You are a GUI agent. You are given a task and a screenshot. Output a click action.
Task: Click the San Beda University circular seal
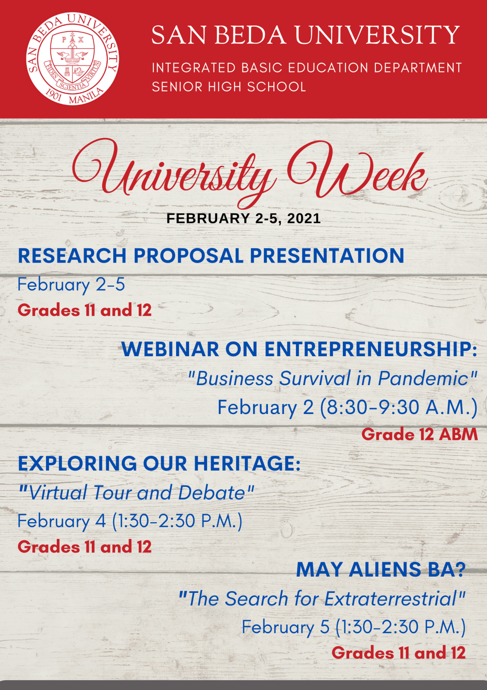point(73,59)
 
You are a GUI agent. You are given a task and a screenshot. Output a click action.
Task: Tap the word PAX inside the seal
point(73,39)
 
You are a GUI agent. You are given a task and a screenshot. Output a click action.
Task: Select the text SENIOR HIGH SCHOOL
point(229,87)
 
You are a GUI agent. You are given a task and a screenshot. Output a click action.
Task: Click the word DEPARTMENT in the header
point(418,68)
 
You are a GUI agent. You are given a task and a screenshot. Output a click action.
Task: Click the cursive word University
point(172,174)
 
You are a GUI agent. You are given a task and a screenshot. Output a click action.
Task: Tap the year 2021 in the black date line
point(304,219)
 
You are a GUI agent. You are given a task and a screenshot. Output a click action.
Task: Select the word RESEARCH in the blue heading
point(72,256)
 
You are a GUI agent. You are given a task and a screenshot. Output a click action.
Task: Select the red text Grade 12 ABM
point(420,435)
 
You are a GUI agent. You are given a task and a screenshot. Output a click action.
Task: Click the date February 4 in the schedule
point(62,521)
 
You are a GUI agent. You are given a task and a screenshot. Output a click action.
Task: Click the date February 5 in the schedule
point(286,627)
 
